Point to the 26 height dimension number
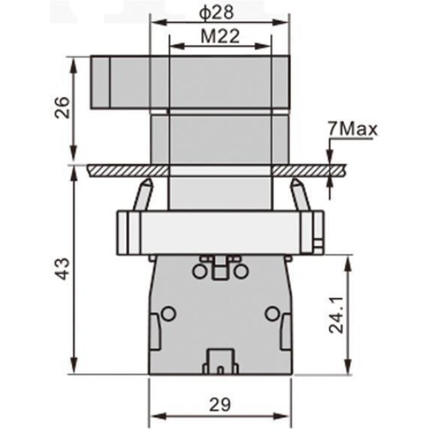(62, 108)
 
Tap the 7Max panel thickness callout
(351, 129)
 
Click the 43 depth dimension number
(62, 269)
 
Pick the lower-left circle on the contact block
(168, 314)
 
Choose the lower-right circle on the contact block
(272, 314)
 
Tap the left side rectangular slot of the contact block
(154, 331)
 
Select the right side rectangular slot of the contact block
(285, 331)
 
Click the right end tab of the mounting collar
(316, 232)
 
